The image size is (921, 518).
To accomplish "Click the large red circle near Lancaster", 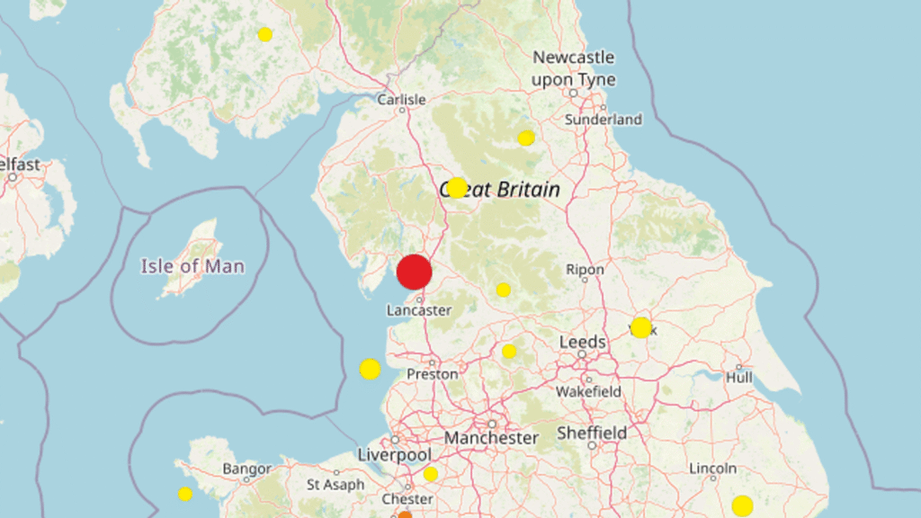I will click(x=415, y=272).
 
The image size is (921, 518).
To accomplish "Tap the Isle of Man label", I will click(x=192, y=266).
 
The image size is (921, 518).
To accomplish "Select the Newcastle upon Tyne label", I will click(x=574, y=68).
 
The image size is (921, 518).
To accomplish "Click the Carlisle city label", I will click(x=401, y=100).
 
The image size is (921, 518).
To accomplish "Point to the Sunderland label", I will click(x=604, y=120).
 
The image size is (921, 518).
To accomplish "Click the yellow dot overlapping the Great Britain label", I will click(x=457, y=188).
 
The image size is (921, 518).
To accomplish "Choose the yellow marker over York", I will click(x=640, y=327).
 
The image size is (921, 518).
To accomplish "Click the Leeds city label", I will click(x=583, y=343).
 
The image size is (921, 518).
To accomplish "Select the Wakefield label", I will click(x=588, y=392).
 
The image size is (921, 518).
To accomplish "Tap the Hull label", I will click(x=739, y=379).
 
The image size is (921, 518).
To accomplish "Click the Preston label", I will click(x=433, y=373).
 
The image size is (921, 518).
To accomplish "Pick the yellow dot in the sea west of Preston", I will click(x=370, y=369).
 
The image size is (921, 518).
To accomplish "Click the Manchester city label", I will click(x=491, y=438).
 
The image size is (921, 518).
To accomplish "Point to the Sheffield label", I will click(x=592, y=433).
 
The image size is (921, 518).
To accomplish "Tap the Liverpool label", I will click(x=394, y=454).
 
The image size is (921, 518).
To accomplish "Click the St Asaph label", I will click(x=335, y=485).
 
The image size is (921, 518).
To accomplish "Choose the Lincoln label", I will click(x=712, y=469).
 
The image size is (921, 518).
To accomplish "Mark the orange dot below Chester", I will click(x=405, y=514).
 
